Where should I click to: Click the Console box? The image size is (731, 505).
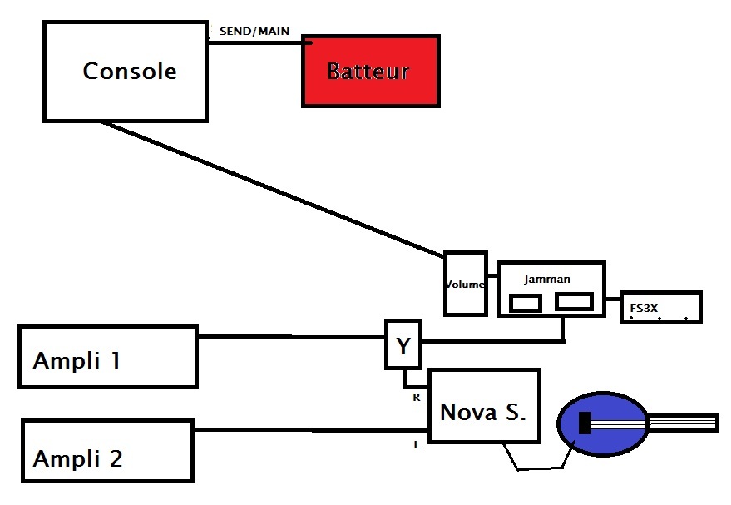[125, 72]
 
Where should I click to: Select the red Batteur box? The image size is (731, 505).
[369, 71]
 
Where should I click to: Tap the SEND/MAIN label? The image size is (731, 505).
[254, 31]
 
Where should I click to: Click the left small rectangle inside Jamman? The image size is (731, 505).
[526, 303]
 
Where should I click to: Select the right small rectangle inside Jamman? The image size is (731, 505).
[574, 302]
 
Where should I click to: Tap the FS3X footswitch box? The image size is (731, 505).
[661, 308]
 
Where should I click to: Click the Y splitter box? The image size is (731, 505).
[403, 344]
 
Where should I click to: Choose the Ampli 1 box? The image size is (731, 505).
[108, 357]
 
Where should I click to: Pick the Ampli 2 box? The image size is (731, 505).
[108, 452]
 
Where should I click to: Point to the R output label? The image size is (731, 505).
[417, 398]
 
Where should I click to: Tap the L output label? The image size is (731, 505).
[417, 445]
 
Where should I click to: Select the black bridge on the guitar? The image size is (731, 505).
[585, 423]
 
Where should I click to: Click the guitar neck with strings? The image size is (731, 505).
[682, 422]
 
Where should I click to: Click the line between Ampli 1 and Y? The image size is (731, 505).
[291, 337]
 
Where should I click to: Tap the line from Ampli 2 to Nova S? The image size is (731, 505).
[311, 429]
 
